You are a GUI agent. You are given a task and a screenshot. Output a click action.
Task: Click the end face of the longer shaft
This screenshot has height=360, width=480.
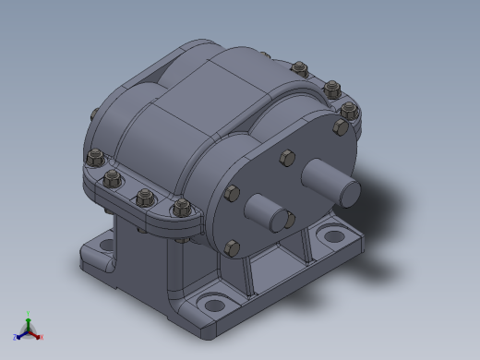[349, 191]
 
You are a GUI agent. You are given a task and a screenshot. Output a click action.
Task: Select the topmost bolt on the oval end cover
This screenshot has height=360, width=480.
[287, 158]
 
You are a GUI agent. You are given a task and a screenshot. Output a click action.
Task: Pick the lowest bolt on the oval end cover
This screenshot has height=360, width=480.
[232, 246]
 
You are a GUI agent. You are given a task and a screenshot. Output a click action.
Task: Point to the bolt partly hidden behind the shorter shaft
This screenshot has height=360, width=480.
[289, 220]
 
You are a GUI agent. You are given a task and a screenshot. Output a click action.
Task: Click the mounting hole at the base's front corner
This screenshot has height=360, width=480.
[214, 304]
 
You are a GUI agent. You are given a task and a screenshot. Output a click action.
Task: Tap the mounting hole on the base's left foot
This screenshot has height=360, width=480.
[106, 246]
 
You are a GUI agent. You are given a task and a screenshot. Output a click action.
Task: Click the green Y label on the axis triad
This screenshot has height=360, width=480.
[29, 314]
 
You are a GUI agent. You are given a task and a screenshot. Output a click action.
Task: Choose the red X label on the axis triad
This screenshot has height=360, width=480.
[42, 337]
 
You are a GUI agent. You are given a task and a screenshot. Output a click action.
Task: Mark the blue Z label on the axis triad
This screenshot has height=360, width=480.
[15, 337]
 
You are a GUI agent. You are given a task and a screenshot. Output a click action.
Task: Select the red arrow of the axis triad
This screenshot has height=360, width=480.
[35, 333]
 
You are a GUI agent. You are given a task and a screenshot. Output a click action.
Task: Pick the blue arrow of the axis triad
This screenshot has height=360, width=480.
[21, 333]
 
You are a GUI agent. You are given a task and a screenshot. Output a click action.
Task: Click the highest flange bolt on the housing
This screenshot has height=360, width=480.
[299, 67]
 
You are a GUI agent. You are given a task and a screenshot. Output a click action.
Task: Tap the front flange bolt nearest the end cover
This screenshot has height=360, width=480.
[183, 207]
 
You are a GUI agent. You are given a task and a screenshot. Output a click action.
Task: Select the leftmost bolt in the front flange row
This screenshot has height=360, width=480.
[95, 158]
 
